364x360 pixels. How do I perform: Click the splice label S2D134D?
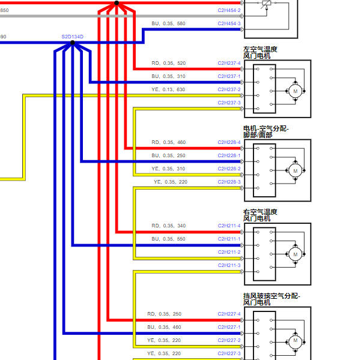click(73, 37)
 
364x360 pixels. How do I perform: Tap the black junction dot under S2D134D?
click(73, 43)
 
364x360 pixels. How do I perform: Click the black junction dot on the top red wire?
click(117, 3)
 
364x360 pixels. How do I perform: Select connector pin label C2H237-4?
click(229, 63)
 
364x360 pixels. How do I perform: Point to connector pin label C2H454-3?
click(229, 23)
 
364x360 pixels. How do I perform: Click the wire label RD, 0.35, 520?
click(169, 63)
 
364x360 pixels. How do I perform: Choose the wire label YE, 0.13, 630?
click(168, 89)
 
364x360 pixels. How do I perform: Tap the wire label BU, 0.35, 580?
click(168, 23)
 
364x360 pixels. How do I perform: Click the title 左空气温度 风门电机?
click(260, 53)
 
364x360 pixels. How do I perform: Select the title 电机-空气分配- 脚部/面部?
click(266, 132)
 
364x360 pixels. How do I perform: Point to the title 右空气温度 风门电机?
click(260, 215)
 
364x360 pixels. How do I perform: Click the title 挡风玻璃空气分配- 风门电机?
click(271, 299)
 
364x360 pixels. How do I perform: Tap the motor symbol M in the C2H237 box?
click(296, 91)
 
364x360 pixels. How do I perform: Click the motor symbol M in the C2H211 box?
click(296, 254)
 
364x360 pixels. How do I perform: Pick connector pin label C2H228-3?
click(229, 182)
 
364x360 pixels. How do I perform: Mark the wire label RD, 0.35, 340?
click(169, 226)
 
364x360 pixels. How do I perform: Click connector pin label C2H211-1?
click(229, 239)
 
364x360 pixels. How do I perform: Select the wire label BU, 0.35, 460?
click(164, 327)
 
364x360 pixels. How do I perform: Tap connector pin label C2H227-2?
click(229, 340)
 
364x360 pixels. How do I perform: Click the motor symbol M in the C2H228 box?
click(296, 170)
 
